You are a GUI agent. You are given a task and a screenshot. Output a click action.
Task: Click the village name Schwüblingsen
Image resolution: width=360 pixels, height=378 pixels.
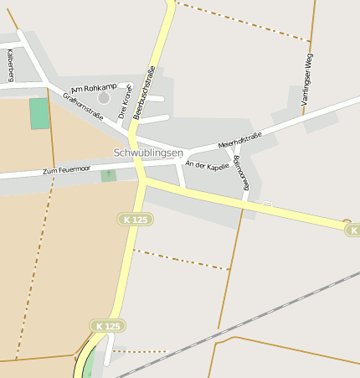[x=147, y=153]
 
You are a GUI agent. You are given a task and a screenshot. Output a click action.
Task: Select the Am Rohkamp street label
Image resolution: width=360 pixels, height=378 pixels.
[x=94, y=88]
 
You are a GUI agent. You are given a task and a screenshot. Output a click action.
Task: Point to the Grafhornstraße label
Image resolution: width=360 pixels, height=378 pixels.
[x=83, y=106]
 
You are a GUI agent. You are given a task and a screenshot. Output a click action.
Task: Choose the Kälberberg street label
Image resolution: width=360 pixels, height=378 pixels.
[x=11, y=65]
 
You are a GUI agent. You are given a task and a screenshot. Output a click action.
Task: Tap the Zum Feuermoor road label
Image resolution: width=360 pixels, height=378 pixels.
[x=66, y=170]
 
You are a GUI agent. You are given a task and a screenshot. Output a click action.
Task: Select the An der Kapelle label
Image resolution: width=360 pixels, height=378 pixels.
[x=207, y=166]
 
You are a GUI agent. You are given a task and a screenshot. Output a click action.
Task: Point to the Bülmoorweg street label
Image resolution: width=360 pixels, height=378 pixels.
[x=242, y=173]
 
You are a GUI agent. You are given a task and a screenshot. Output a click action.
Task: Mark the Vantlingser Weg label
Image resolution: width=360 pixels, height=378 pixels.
[x=307, y=78]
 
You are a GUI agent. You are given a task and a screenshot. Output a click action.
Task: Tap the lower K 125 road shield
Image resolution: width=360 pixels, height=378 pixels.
[x=108, y=325]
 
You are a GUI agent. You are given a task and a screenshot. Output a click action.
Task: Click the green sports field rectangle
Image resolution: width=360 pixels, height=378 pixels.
[x=39, y=113]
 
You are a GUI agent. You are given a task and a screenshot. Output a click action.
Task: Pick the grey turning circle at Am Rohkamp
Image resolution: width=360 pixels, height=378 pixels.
[x=104, y=98]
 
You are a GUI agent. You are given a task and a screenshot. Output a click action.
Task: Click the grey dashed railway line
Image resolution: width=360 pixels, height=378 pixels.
[x=251, y=318]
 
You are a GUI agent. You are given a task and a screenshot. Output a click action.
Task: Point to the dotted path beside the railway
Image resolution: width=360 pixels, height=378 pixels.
[x=142, y=352]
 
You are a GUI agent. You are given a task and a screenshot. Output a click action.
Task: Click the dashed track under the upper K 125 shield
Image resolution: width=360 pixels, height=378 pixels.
[x=180, y=259]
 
